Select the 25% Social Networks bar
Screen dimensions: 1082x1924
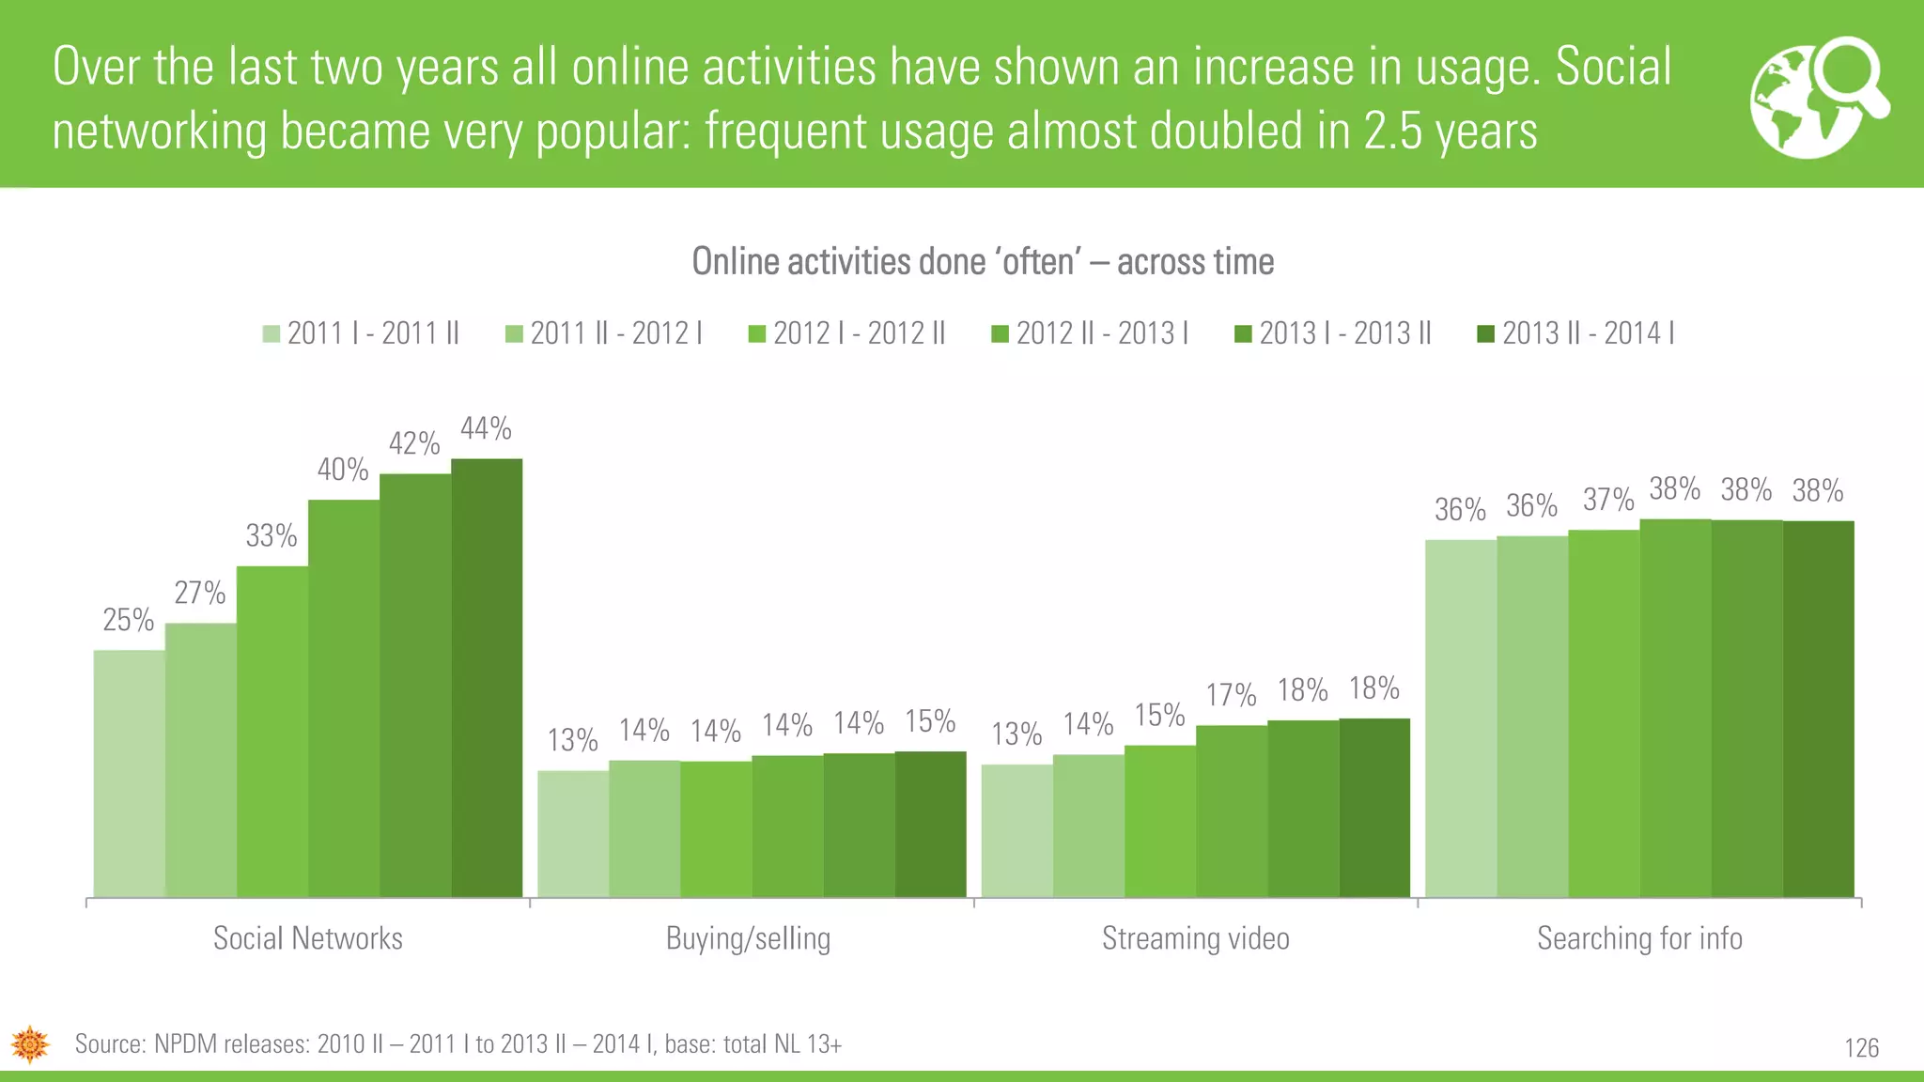pos(130,774)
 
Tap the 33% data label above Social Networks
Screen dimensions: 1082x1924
pos(272,536)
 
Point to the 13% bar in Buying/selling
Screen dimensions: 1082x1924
pos(573,834)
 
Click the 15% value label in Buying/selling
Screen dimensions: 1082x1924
pos(930,721)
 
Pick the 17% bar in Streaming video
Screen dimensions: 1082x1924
pos(1232,811)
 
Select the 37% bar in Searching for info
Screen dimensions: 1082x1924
pos(1604,714)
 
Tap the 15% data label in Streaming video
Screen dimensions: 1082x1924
pos(1159,716)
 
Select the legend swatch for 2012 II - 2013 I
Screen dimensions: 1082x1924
pos(1001,334)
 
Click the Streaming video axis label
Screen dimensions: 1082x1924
pos(1195,938)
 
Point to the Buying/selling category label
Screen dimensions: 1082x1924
pos(748,938)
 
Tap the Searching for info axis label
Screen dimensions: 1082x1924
pos(1639,938)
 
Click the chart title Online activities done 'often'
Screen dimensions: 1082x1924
pos(983,262)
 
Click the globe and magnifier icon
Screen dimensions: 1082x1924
pos(1819,98)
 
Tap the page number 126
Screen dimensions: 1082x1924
pos(1861,1048)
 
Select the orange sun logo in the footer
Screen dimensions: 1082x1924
pos(30,1044)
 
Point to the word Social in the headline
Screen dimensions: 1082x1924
pos(1613,68)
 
